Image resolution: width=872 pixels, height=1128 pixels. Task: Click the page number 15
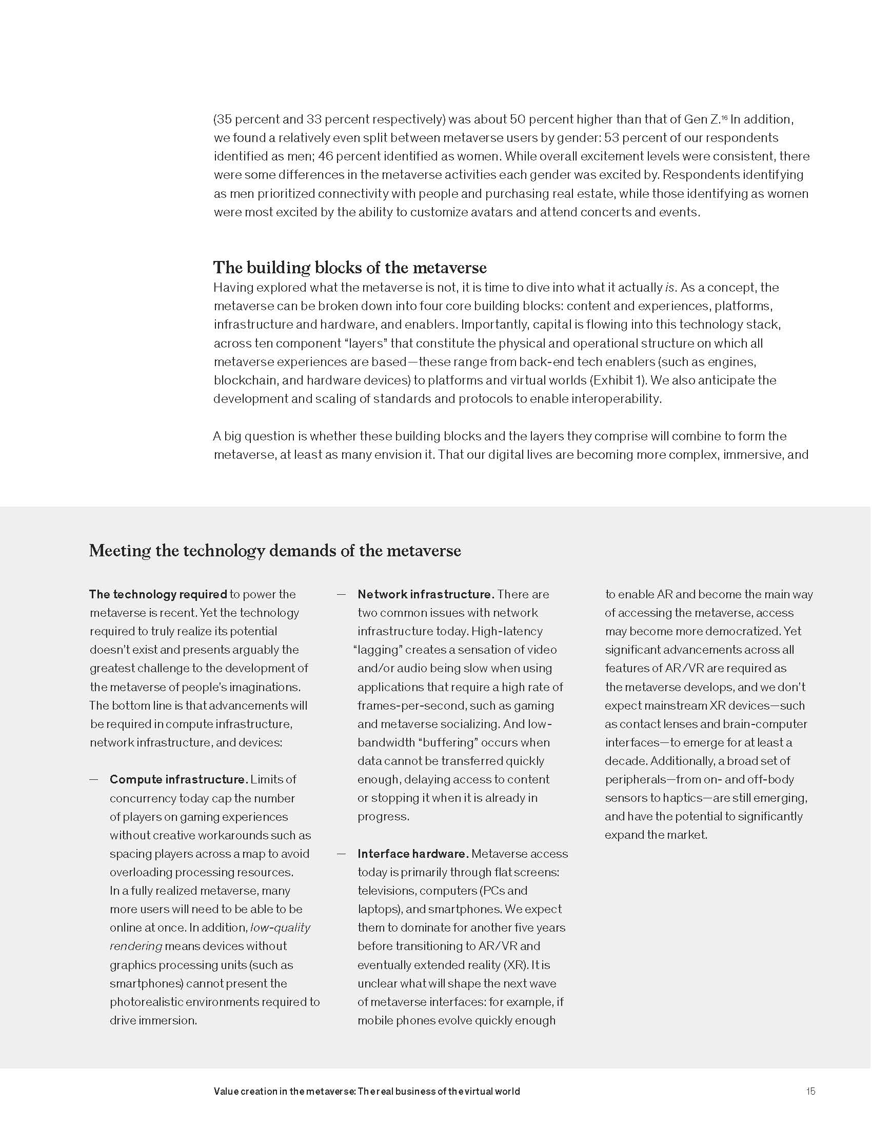810,1091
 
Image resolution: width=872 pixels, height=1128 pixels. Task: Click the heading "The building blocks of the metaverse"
350,268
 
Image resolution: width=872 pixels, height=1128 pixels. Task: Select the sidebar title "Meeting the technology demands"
275,551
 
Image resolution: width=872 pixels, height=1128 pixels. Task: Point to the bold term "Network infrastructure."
426,594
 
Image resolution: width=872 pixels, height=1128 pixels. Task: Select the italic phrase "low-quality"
281,928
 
